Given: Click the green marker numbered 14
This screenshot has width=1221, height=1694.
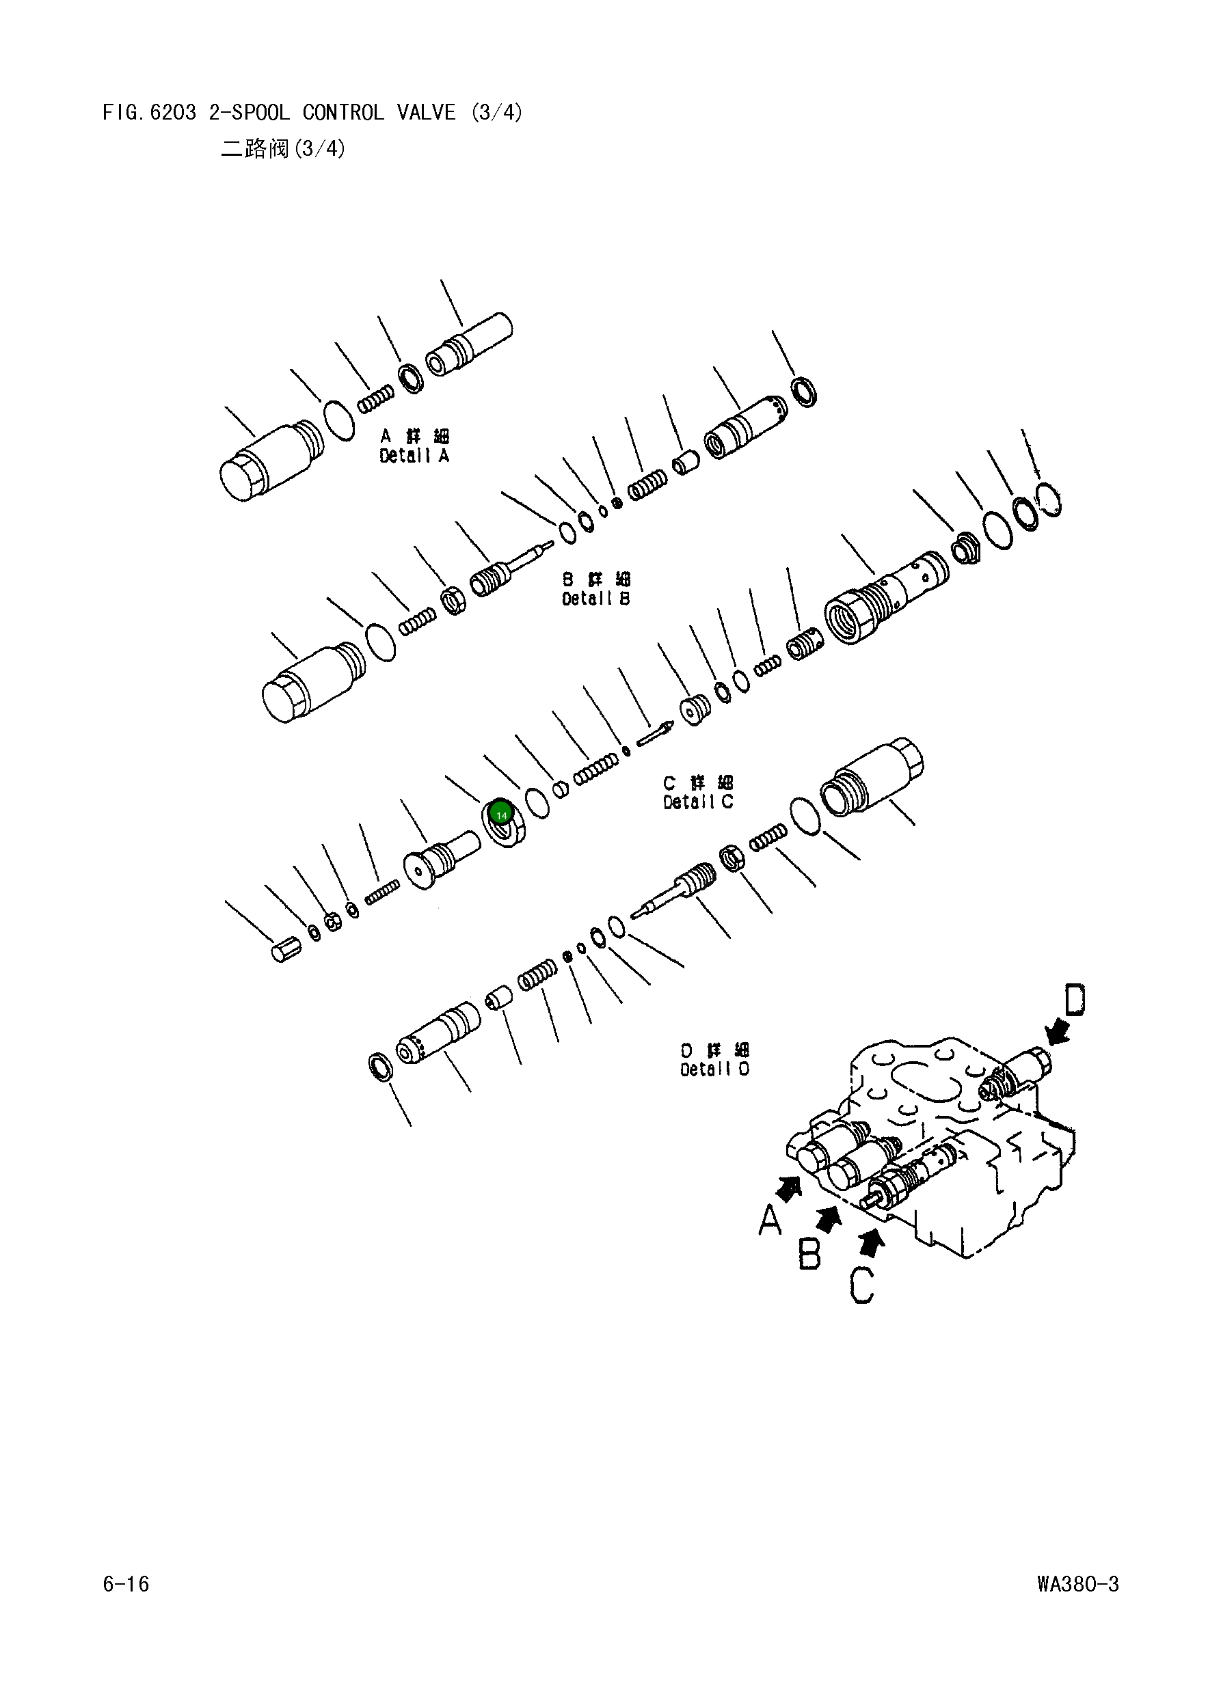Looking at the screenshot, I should click(500, 815).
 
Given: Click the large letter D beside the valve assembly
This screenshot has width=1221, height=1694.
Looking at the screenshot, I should click(1074, 1000).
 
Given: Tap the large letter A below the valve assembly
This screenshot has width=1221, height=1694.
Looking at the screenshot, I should click(770, 1221).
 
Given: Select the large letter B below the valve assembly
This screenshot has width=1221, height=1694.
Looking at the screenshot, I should click(809, 1254).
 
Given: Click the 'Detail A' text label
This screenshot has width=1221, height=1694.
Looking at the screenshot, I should click(414, 456).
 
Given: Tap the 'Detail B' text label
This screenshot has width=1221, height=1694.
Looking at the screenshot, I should click(595, 599).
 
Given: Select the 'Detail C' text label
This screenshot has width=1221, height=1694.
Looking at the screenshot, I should click(698, 802).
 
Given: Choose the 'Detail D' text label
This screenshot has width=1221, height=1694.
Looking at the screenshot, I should click(714, 1069).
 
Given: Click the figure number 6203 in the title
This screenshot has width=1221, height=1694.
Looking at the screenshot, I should click(172, 113).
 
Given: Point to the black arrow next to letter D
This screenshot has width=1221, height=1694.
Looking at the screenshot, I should click(1057, 1033).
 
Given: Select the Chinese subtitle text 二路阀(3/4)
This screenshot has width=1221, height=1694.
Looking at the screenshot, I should click(282, 149).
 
